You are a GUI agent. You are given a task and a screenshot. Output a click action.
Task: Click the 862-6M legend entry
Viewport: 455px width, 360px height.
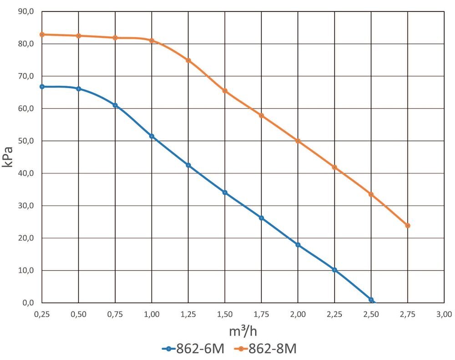pos(193,349)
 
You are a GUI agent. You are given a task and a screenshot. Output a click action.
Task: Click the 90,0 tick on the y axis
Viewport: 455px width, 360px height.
pos(26,12)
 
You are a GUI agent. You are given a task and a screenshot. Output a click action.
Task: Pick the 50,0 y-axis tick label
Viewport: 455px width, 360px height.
pos(26,141)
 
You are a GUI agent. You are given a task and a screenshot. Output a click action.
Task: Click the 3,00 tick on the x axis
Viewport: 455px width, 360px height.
pos(444,314)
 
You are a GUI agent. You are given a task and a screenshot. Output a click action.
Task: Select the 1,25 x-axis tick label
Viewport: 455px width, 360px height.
pos(188,314)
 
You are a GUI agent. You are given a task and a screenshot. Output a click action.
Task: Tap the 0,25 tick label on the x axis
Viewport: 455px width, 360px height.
pos(42,314)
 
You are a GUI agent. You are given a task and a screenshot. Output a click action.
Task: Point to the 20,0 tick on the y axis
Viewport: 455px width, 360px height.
pos(26,238)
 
